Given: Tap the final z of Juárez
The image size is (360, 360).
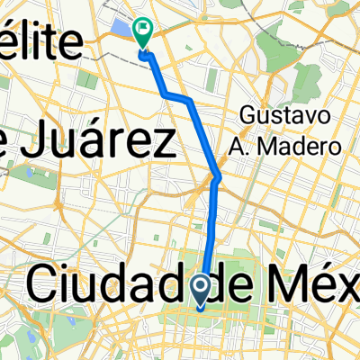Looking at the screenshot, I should [162, 146].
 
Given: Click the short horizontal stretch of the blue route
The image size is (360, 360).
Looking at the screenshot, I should [177, 95].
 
